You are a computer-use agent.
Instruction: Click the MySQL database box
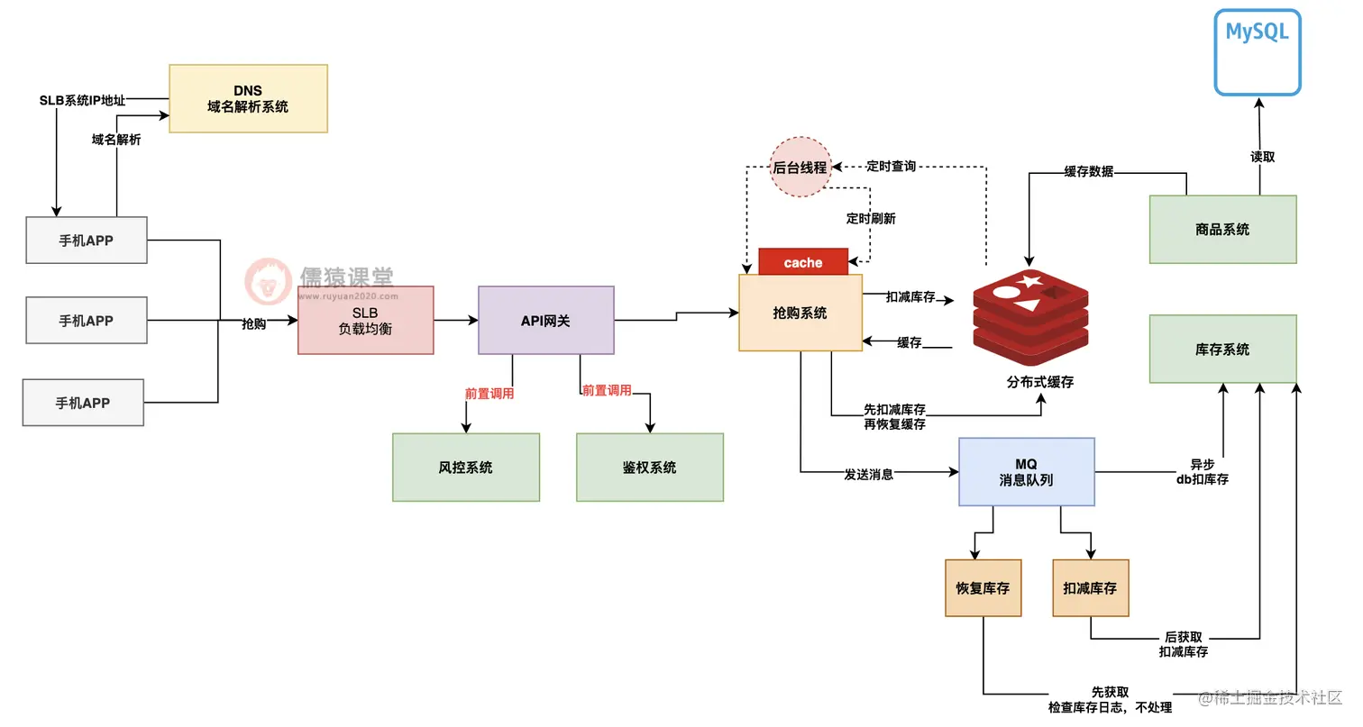click(x=1257, y=52)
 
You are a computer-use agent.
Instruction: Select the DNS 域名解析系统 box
click(x=248, y=98)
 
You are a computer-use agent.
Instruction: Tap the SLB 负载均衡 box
click(x=365, y=321)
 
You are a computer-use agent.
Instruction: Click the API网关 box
click(x=545, y=320)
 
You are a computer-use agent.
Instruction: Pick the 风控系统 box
click(x=465, y=467)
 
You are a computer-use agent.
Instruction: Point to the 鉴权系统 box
click(x=649, y=467)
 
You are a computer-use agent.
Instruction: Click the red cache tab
click(x=803, y=262)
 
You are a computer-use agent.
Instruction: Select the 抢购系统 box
click(x=800, y=313)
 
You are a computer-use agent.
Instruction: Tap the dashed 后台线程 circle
click(x=800, y=167)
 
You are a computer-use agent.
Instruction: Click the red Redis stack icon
click(x=1030, y=311)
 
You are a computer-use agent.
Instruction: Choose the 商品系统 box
click(x=1222, y=229)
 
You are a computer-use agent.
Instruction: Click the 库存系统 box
click(x=1222, y=349)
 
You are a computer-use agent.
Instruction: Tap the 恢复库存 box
click(x=983, y=588)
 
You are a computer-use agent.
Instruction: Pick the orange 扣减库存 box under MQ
click(x=1090, y=588)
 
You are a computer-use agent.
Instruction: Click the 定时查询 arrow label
click(x=891, y=166)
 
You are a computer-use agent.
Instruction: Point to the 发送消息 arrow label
click(x=868, y=473)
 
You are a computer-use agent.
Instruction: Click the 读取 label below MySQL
click(x=1262, y=157)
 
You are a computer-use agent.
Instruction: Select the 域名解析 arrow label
click(x=116, y=140)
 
